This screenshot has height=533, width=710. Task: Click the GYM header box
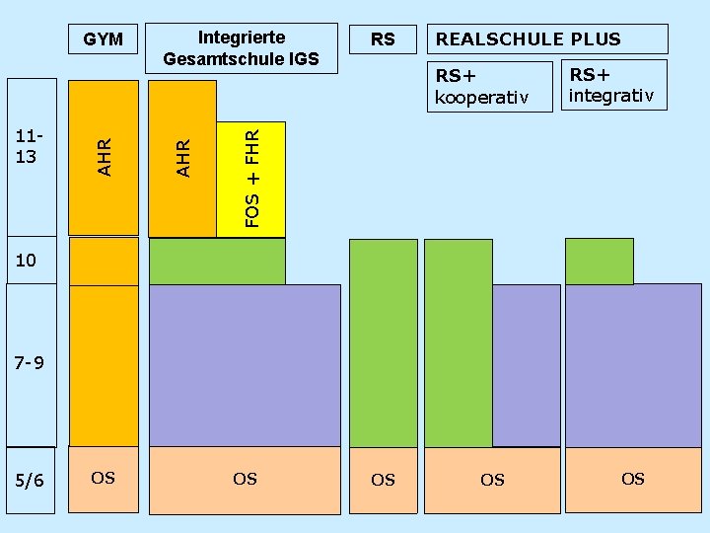tap(104, 39)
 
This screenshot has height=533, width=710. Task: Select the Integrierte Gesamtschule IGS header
tap(242, 48)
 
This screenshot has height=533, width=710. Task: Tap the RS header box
tap(383, 39)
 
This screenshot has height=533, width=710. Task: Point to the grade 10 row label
tap(26, 261)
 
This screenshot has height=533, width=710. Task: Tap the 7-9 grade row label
tap(31, 363)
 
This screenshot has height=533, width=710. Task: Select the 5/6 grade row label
tap(30, 481)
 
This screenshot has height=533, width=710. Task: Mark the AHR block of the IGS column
tap(182, 158)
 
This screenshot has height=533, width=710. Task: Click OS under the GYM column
tap(103, 479)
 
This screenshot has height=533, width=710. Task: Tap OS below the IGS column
tap(245, 479)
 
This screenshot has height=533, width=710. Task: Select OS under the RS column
tap(383, 480)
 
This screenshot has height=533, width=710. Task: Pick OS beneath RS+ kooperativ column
tap(492, 480)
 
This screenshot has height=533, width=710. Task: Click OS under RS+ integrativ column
tap(633, 479)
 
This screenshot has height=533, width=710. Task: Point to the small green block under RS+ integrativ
tap(599, 261)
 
